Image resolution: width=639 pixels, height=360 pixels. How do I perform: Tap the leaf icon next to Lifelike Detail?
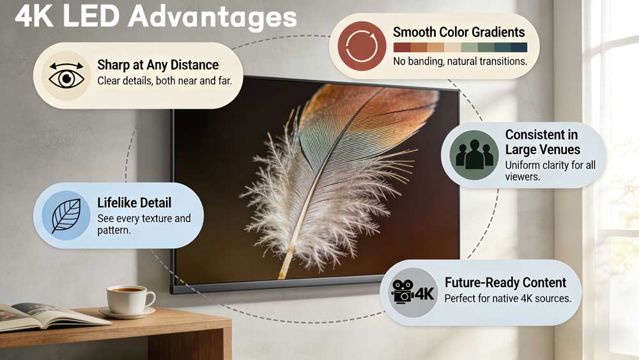(66, 215)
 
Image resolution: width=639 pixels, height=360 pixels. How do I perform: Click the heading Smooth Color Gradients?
(459, 31)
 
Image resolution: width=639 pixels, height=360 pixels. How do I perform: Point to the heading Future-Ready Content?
(505, 282)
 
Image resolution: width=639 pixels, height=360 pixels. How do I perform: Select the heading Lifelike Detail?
(134, 203)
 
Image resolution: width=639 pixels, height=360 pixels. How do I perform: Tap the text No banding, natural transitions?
(460, 62)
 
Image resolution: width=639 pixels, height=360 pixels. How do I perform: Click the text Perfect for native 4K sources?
(507, 299)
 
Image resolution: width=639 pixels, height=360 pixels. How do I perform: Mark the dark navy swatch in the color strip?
(519, 47)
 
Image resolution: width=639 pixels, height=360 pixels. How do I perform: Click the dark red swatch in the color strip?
(402, 47)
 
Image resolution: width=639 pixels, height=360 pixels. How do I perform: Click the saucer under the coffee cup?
(127, 313)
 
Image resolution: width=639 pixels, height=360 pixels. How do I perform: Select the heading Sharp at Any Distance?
(158, 65)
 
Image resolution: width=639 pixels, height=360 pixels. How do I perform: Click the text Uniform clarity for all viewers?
(550, 171)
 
